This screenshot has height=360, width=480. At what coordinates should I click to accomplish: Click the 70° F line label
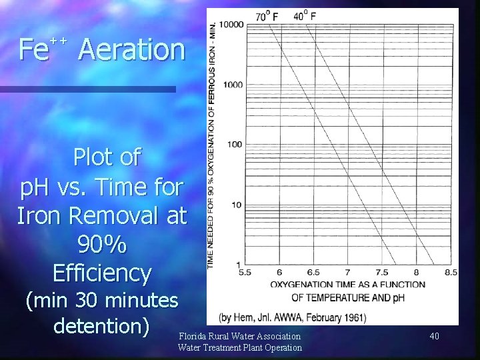pos(268,15)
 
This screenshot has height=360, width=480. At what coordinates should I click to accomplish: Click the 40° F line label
pos(305,15)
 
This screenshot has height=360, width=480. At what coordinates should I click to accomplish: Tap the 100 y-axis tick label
pos(235,145)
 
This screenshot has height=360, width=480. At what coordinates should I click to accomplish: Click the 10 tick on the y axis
pos(237,205)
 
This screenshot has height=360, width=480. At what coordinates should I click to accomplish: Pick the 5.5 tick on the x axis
pos(245,272)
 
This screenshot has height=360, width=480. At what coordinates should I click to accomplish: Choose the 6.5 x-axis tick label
pos(313,272)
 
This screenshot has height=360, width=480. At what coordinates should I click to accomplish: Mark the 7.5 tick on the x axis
pos(381,272)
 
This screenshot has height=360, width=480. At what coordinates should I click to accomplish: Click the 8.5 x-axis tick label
pos(450,272)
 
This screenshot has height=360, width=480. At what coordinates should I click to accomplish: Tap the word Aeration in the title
pos(130,50)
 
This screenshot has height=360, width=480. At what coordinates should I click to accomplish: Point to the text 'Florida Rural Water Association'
pos(239,336)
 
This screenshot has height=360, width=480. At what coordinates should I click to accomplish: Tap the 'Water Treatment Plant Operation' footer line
pos(239,347)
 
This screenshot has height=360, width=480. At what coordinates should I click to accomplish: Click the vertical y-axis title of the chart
pos(212,143)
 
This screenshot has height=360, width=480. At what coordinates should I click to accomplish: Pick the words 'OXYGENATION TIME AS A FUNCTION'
pos(347,285)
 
